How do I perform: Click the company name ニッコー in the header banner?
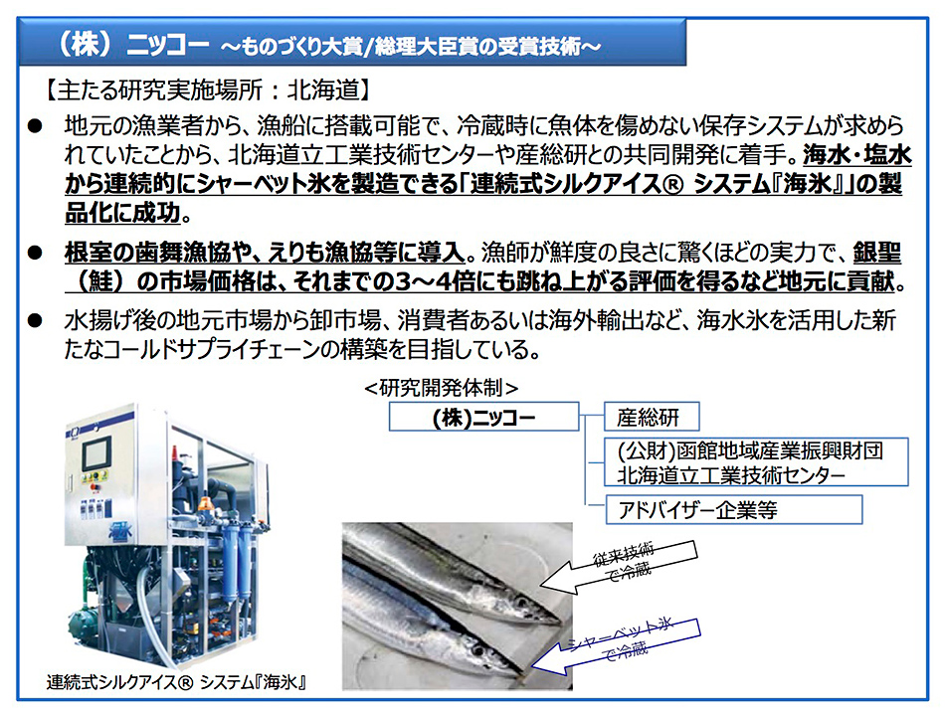click(167, 45)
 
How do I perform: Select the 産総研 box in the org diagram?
click(652, 417)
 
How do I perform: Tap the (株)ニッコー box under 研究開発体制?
click(484, 417)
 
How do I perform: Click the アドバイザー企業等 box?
click(733, 510)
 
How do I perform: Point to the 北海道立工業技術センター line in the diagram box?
click(730, 475)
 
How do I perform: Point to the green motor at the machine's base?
click(85, 621)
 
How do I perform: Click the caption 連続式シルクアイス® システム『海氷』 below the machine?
click(177, 681)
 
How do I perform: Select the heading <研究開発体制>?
click(441, 388)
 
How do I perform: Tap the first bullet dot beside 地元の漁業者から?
click(35, 126)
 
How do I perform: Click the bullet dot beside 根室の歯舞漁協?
click(35, 253)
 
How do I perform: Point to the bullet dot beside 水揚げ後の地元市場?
click(35, 320)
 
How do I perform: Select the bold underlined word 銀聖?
click(877, 253)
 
